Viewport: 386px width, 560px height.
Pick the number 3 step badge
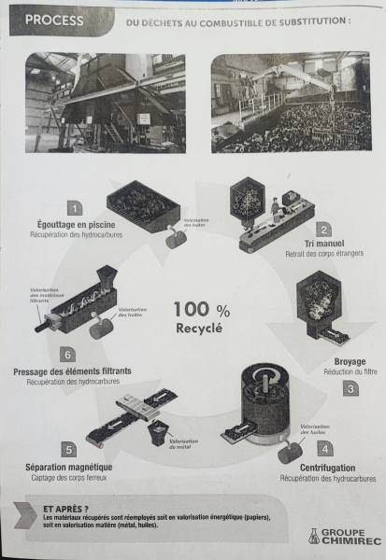tap(350, 387)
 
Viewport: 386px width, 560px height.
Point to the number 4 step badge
tap(323, 446)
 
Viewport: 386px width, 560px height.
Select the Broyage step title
tap(349, 361)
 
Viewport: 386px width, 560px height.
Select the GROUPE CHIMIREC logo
tap(336, 536)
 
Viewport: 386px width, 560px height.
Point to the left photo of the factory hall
tap(105, 102)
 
